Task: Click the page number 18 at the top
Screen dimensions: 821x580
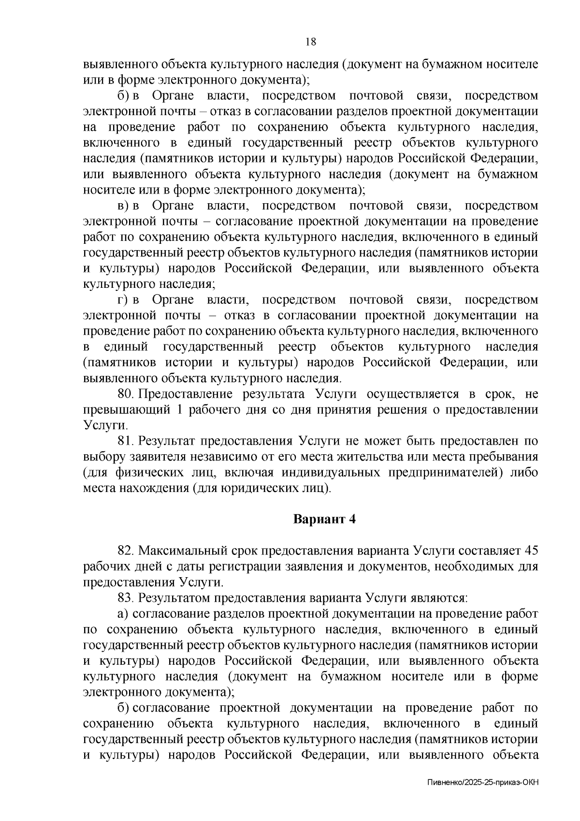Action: (x=311, y=42)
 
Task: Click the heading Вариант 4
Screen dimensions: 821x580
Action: (x=325, y=519)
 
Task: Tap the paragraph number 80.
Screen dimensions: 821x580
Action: (x=126, y=394)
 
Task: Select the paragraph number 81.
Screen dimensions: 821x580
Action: (x=126, y=441)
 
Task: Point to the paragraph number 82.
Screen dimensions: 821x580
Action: (x=126, y=551)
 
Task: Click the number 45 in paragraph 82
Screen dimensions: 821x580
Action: (x=531, y=551)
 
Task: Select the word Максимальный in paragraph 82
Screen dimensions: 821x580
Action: (x=183, y=551)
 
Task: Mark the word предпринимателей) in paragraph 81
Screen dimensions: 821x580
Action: (x=450, y=473)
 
